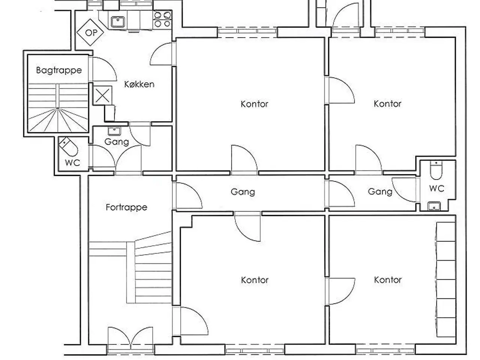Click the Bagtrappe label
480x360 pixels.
tap(59, 70)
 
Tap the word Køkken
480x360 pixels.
tap(139, 84)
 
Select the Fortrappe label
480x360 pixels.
tap(126, 207)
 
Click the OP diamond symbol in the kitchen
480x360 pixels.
tap(90, 32)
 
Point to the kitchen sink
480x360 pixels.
tap(118, 22)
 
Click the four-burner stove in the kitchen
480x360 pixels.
tap(162, 19)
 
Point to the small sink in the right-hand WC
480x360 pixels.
tap(434, 206)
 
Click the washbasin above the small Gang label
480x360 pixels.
tap(114, 131)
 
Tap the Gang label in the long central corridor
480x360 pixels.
tap(243, 192)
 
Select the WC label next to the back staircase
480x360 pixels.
tap(73, 163)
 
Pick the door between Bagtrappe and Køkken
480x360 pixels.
tap(102, 69)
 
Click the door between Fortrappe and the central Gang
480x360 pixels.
tap(187, 196)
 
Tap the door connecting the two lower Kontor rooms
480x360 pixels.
tap(340, 291)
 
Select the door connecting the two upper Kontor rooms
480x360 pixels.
tap(340, 90)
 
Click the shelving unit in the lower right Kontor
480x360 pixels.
tap(446, 280)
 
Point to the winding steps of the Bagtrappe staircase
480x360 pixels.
tap(58, 120)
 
